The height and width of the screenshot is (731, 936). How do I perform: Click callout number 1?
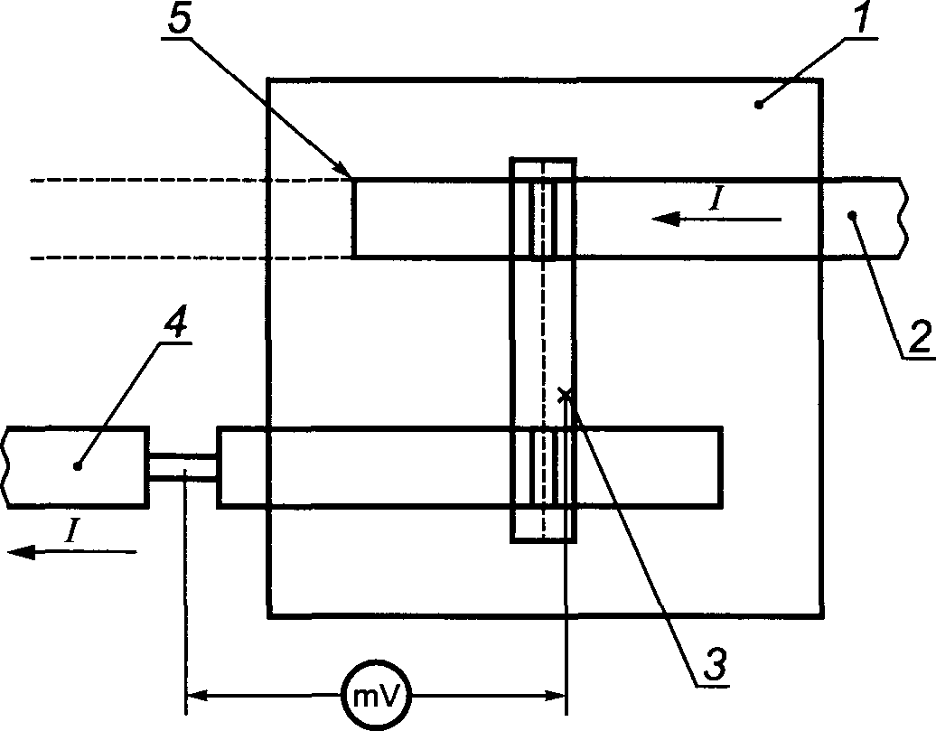(863, 18)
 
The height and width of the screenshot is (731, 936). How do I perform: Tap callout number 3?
(715, 663)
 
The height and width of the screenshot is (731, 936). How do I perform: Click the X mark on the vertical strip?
(564, 394)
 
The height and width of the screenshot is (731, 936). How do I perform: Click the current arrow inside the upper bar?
(716, 220)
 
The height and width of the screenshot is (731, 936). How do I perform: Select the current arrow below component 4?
(71, 552)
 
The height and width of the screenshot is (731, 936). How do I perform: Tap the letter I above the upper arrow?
(717, 199)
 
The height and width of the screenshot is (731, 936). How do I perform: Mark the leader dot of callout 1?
(759, 105)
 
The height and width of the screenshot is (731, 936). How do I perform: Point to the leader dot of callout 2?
(852, 214)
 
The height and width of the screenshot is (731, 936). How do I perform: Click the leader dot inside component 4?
(77, 466)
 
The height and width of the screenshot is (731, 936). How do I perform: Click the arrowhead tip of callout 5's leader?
(351, 175)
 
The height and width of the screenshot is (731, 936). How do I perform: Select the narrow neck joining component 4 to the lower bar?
(183, 466)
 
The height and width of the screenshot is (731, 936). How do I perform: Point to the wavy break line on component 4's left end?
(6, 467)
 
